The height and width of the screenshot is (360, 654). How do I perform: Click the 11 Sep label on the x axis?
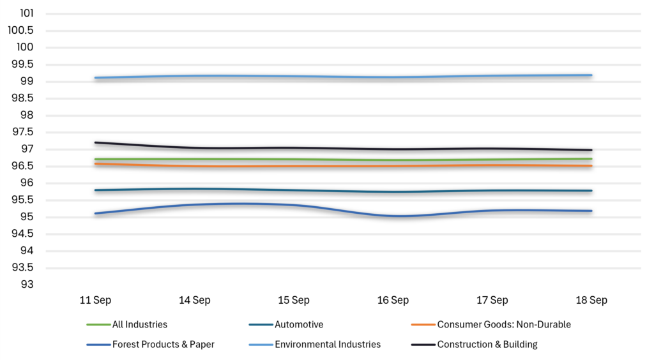pyautogui.click(x=95, y=300)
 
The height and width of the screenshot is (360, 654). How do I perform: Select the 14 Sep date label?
pyautogui.click(x=194, y=300)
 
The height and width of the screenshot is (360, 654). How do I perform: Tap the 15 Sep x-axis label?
pyautogui.click(x=294, y=300)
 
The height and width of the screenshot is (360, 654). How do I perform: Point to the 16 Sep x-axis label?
pyautogui.click(x=393, y=300)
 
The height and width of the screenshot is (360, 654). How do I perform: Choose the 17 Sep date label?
pyautogui.click(x=492, y=300)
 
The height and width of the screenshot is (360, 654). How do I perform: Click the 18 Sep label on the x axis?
pyautogui.click(x=591, y=300)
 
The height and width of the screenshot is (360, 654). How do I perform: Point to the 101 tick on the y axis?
pyautogui.click(x=27, y=13)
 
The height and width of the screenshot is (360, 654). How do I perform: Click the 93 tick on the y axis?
pyautogui.click(x=27, y=284)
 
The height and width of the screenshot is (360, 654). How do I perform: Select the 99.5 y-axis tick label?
pyautogui.click(x=22, y=64)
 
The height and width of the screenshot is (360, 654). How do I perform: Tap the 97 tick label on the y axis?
pyautogui.click(x=27, y=149)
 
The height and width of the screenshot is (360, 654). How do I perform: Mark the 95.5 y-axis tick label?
pyautogui.click(x=22, y=200)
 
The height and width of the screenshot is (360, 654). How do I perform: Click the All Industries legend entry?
pyautogui.click(x=127, y=324)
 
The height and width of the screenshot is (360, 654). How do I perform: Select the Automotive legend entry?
pyautogui.click(x=286, y=324)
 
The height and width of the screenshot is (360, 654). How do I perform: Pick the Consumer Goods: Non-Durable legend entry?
pyautogui.click(x=491, y=324)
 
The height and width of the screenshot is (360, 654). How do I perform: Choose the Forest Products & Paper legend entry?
pyautogui.click(x=151, y=344)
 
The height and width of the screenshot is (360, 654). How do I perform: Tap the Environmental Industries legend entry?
pyautogui.click(x=315, y=344)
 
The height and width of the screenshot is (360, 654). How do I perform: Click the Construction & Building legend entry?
pyautogui.click(x=475, y=344)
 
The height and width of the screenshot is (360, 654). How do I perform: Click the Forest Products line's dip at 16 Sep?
pyautogui.click(x=393, y=216)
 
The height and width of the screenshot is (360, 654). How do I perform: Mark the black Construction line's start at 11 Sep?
pyautogui.click(x=96, y=142)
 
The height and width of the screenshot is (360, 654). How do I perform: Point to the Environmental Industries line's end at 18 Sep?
pyautogui.click(x=591, y=75)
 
